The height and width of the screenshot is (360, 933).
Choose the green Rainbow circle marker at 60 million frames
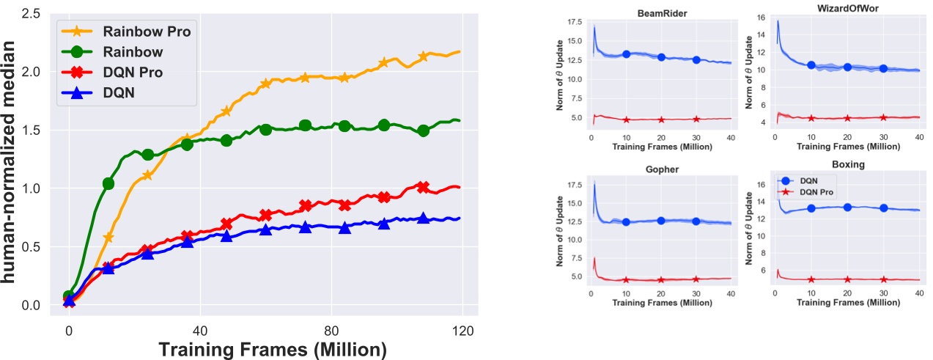(266, 129)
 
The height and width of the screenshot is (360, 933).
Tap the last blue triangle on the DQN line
(423, 218)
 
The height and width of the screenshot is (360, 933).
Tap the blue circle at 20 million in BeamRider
(661, 57)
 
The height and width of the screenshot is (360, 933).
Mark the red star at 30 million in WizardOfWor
(883, 117)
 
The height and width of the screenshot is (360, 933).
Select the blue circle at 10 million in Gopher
(626, 222)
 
